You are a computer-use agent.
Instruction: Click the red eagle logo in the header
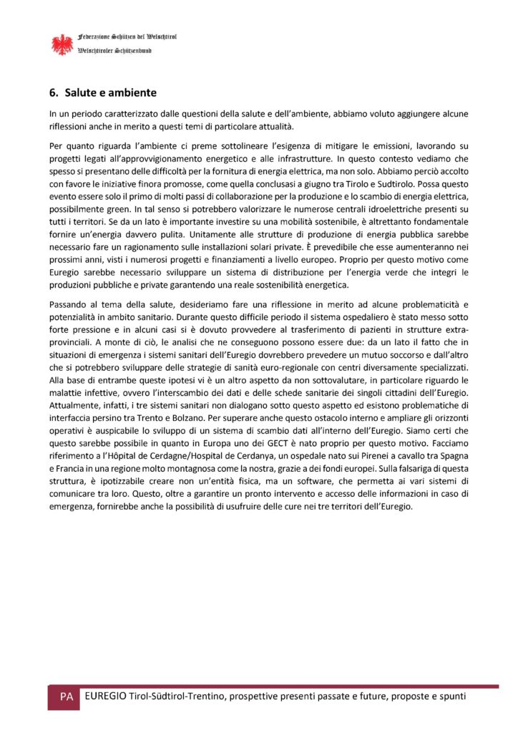click(62, 44)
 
